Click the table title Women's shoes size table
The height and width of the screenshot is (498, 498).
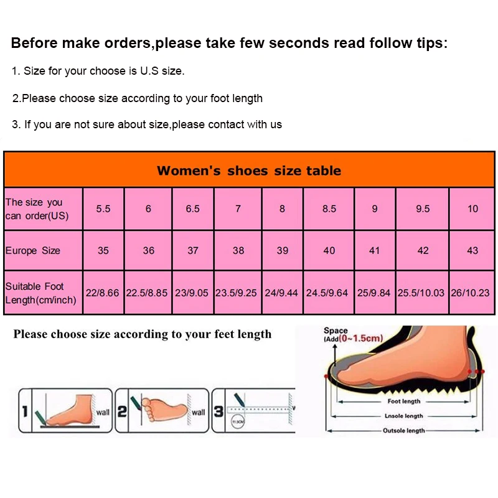click(x=249, y=171)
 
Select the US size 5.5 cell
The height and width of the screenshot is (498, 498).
click(x=103, y=209)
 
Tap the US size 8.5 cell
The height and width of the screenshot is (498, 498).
click(x=329, y=209)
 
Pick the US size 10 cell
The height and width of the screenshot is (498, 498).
click(x=472, y=209)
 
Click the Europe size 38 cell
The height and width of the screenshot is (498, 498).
click(x=238, y=250)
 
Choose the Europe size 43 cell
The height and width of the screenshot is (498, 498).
click(x=472, y=250)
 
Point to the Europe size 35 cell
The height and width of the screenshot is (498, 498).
click(x=103, y=250)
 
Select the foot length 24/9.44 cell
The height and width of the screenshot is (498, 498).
click(x=282, y=292)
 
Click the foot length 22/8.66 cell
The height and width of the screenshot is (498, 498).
click(x=103, y=292)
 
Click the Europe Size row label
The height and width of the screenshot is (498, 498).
click(x=33, y=250)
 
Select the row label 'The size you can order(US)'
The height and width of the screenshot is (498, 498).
click(x=37, y=209)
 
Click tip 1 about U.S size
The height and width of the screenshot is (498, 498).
click(x=98, y=71)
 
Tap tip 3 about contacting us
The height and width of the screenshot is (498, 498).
click(x=147, y=125)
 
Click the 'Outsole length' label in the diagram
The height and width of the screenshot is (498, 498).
click(x=404, y=430)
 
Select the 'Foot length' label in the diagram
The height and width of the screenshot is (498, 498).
click(x=404, y=402)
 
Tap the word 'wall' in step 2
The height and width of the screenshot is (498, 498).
click(x=198, y=412)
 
